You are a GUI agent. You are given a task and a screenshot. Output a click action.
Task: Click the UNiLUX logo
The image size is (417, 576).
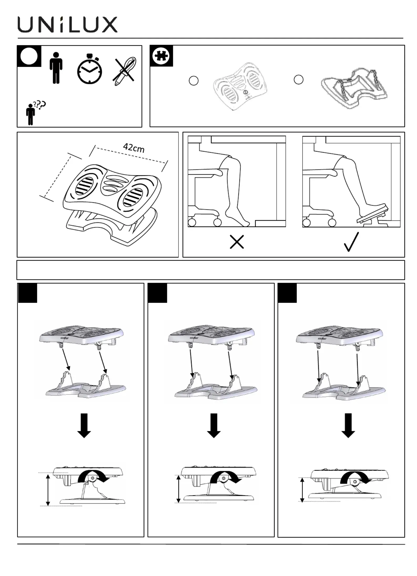68,25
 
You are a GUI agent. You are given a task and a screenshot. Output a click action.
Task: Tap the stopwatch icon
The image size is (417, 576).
90,69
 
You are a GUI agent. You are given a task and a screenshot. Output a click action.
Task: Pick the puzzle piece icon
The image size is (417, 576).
161,56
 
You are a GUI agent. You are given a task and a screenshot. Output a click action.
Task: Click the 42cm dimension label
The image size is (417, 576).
134,148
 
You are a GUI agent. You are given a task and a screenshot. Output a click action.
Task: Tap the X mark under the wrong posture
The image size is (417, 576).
237,242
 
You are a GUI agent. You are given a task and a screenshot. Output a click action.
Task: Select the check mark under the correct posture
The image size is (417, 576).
351,242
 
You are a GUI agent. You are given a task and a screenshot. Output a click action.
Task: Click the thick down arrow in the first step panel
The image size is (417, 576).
84,425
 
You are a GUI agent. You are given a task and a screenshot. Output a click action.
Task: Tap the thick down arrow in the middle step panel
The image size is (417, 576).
214,425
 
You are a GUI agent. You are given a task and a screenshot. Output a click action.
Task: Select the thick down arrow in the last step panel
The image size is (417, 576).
348,425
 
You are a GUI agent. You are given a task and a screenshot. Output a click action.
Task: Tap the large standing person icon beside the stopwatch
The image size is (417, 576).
56,68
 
